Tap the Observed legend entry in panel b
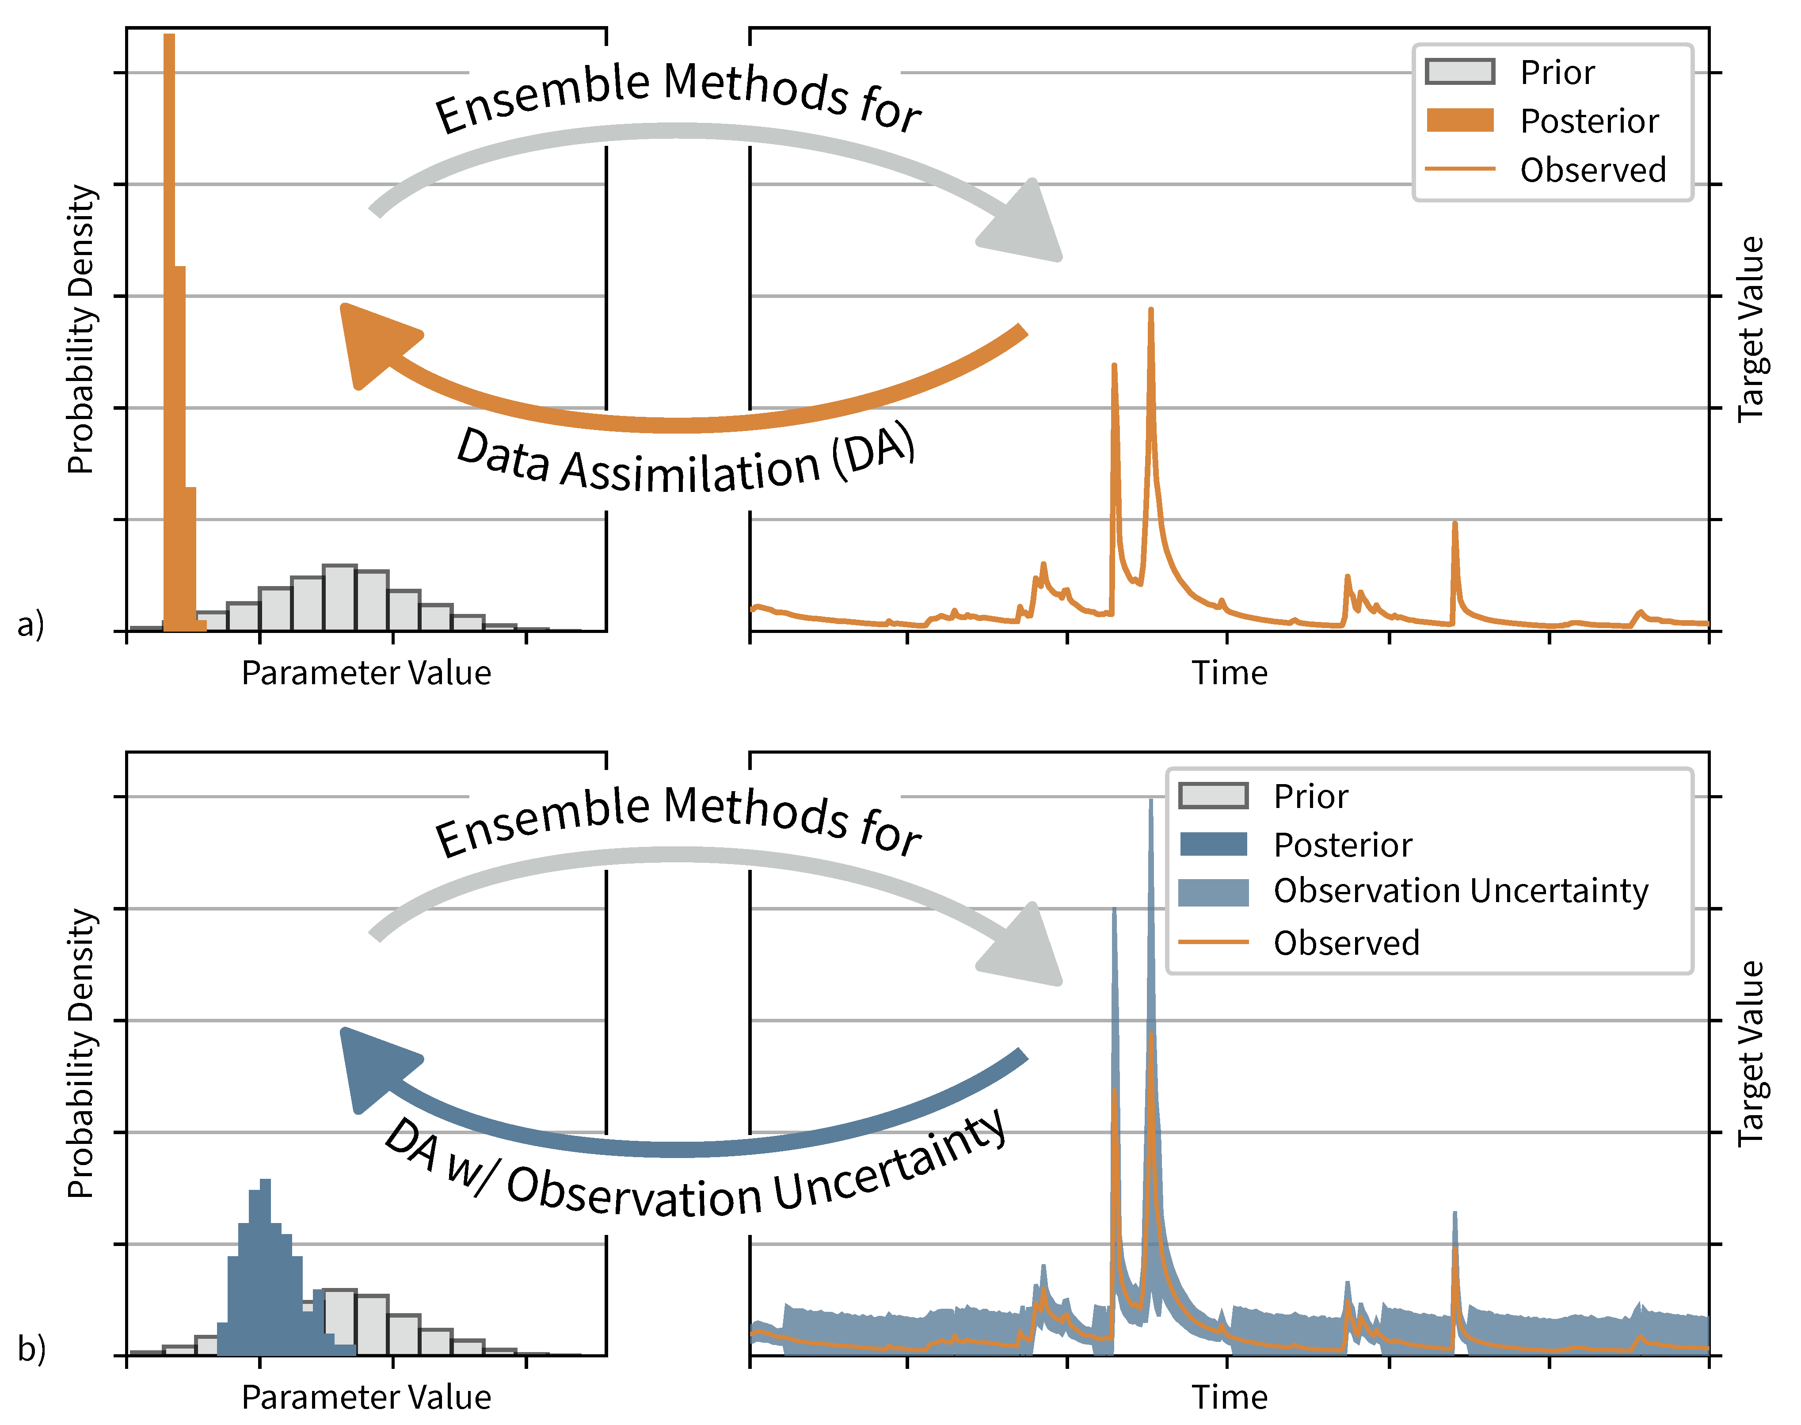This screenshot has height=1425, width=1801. [1345, 943]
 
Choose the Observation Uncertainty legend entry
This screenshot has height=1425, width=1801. [1460, 891]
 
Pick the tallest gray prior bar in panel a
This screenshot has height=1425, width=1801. [339, 598]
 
